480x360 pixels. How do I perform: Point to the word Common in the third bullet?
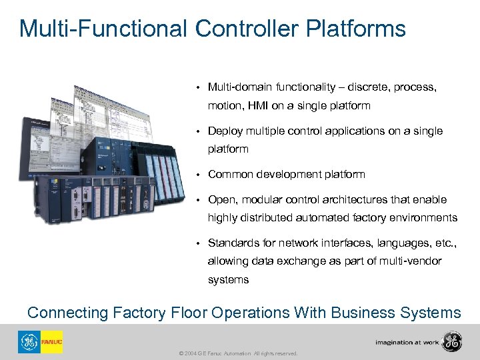(x=228, y=174)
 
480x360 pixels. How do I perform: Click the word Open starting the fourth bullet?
(x=222, y=199)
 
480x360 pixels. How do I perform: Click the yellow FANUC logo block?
(x=51, y=341)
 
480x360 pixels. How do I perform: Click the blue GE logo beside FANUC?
(x=29, y=341)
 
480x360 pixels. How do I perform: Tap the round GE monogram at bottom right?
(x=452, y=341)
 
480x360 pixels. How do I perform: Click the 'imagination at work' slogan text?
(x=407, y=343)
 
